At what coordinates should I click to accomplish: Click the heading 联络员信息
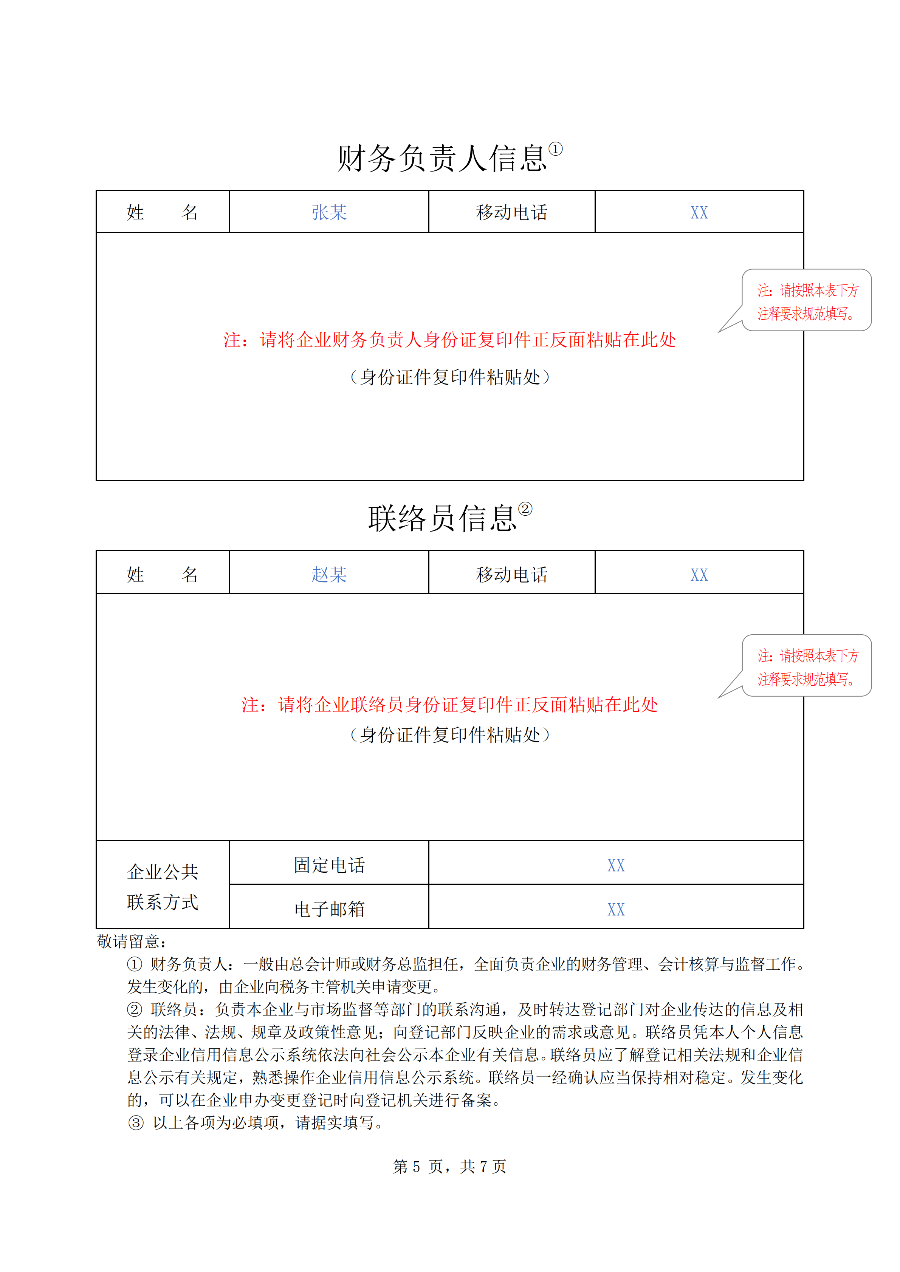pyautogui.click(x=442, y=519)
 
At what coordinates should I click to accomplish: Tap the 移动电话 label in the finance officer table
pyautogui.click(x=511, y=213)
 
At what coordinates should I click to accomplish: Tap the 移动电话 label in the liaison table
pyautogui.click(x=511, y=575)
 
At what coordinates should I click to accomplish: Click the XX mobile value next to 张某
pyautogui.click(x=699, y=213)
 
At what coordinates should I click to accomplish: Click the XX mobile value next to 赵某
pyautogui.click(x=699, y=575)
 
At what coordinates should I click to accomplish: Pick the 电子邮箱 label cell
pyautogui.click(x=329, y=909)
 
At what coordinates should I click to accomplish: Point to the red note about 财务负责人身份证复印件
pyautogui.click(x=449, y=340)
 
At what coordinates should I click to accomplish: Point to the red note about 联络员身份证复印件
pyautogui.click(x=449, y=705)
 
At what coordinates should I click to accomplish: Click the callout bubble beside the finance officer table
pyautogui.click(x=807, y=301)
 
